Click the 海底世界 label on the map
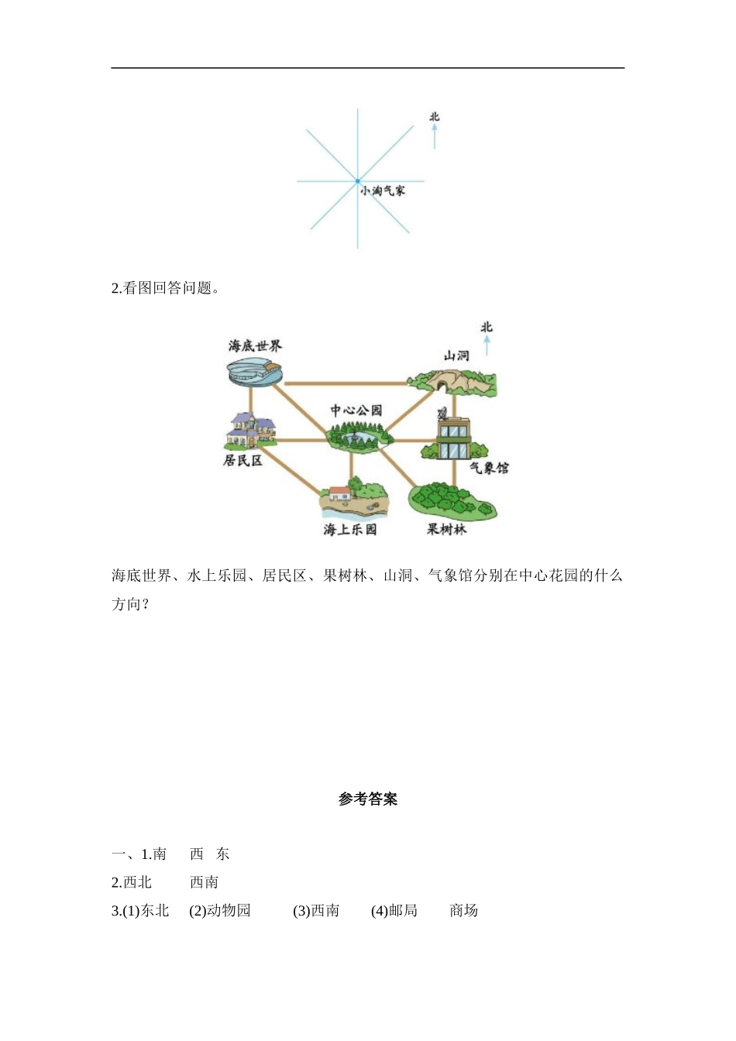[x=255, y=345]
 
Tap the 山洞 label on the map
[x=456, y=356]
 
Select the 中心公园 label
[x=356, y=411]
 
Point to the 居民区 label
[x=242, y=460]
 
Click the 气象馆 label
[x=489, y=468]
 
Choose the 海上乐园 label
[x=350, y=530]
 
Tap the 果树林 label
[x=447, y=530]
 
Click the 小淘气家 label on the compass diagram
[x=382, y=191]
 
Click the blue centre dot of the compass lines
[x=358, y=181]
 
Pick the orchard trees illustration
[x=452, y=501]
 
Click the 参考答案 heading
[x=368, y=799]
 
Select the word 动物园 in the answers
[x=229, y=911]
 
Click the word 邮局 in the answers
[x=403, y=911]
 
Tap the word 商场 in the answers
[x=463, y=911]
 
